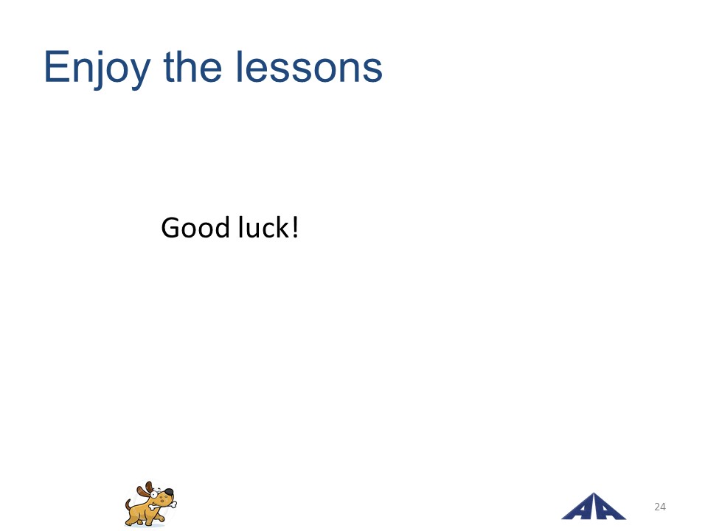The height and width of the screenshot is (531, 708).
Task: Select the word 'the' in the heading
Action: click(192, 66)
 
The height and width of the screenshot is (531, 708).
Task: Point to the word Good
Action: click(195, 227)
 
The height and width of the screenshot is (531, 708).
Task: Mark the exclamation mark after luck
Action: click(295, 227)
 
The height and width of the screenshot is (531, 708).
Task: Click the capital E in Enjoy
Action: click(58, 67)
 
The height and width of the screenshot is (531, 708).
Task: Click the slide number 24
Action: click(659, 507)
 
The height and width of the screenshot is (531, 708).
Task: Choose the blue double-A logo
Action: click(594, 507)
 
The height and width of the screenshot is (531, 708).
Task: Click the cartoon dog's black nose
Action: click(168, 492)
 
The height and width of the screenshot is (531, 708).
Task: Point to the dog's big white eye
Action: click(154, 494)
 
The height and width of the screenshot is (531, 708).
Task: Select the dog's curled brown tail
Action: click(128, 504)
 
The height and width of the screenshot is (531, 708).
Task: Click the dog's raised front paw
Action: click(162, 518)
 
